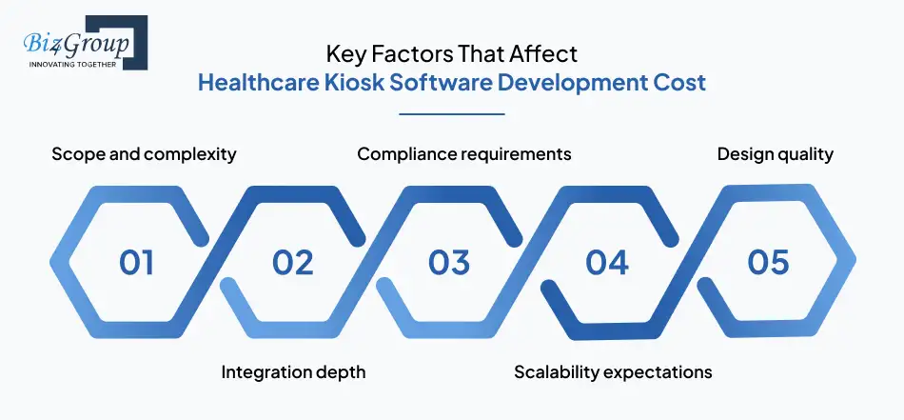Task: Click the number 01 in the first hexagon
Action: pyautogui.click(x=136, y=262)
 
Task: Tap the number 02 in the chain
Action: pyautogui.click(x=292, y=262)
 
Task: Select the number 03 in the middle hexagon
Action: pyautogui.click(x=449, y=262)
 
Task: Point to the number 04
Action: pyautogui.click(x=607, y=262)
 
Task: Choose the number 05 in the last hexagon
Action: pyautogui.click(x=767, y=262)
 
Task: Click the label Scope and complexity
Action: pyautogui.click(x=144, y=153)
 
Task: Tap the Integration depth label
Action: pyautogui.click(x=293, y=371)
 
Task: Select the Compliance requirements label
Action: pyautogui.click(x=464, y=153)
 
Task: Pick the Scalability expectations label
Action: pyautogui.click(x=613, y=371)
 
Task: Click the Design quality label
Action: pyautogui.click(x=776, y=153)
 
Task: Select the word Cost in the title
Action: pyautogui.click(x=679, y=82)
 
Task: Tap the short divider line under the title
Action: pyautogui.click(x=451, y=114)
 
